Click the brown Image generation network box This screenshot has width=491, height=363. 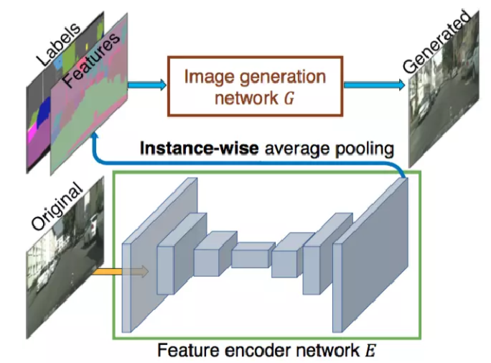tap(255, 86)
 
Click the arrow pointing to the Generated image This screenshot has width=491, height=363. tap(374, 85)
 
